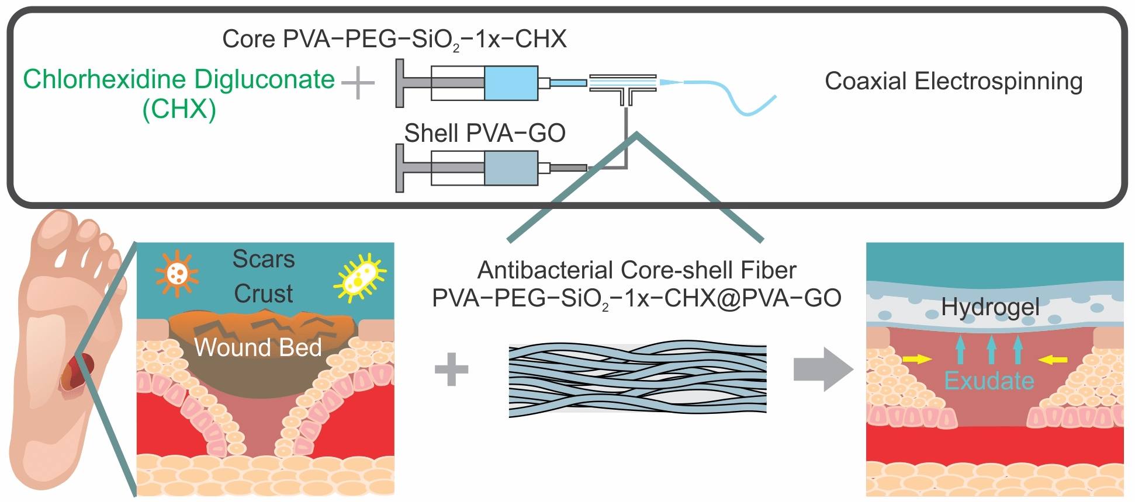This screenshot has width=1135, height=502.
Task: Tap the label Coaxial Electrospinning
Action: [x=953, y=81]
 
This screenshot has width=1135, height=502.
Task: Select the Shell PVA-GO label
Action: [x=485, y=133]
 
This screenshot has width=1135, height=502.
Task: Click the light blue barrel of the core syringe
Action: [x=511, y=83]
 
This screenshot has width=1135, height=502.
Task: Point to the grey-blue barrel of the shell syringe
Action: [x=511, y=168]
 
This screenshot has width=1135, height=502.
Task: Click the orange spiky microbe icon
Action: [x=177, y=273]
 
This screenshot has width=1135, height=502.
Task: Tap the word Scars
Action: [x=264, y=259]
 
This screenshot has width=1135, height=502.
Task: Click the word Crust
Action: [x=264, y=294]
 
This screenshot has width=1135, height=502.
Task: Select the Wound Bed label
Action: [x=258, y=347]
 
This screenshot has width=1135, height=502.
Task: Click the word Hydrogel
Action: [x=990, y=307]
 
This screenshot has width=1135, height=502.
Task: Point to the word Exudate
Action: [x=989, y=381]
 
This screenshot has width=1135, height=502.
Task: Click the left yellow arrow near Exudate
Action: [x=917, y=359]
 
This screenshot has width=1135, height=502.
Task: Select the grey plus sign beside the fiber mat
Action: [x=451, y=369]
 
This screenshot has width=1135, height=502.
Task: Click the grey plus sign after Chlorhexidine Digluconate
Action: [x=358, y=83]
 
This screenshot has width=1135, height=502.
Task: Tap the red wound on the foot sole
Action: [x=76, y=374]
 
